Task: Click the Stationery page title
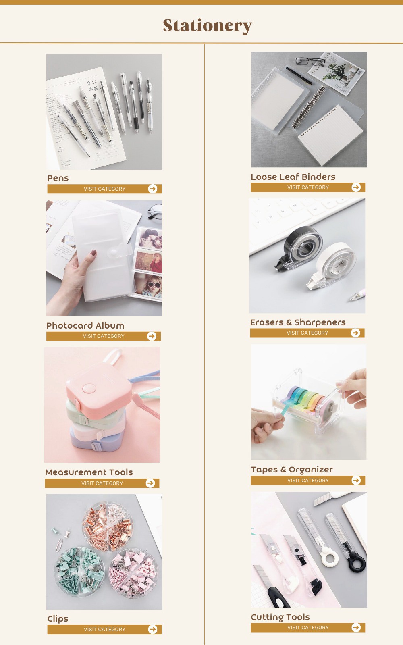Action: click(207, 25)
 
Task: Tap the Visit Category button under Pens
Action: click(104, 189)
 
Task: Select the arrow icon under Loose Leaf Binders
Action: click(356, 187)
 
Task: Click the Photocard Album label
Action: click(85, 326)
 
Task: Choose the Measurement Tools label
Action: click(89, 472)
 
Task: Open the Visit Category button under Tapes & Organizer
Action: click(308, 481)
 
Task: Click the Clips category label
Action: click(58, 619)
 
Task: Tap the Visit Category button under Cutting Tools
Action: click(308, 628)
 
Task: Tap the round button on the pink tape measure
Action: click(88, 389)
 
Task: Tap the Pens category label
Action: click(58, 178)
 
